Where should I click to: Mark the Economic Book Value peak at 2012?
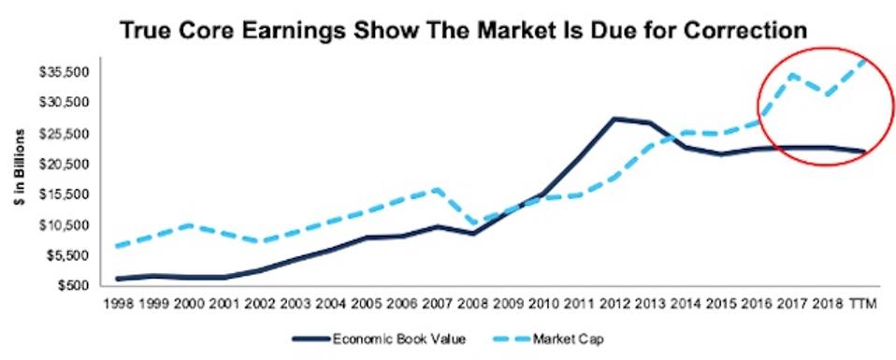pos(613,119)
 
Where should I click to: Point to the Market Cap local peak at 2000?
pos(190,224)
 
